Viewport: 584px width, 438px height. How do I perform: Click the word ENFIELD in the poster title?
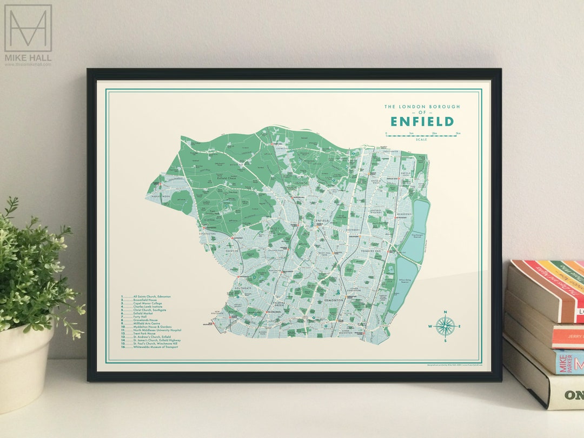tap(422, 121)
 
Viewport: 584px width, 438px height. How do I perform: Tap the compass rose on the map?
tap(445, 326)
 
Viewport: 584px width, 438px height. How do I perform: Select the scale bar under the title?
tap(422, 135)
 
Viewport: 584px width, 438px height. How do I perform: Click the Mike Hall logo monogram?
tap(28, 28)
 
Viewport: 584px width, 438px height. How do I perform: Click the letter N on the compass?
tap(445, 312)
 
